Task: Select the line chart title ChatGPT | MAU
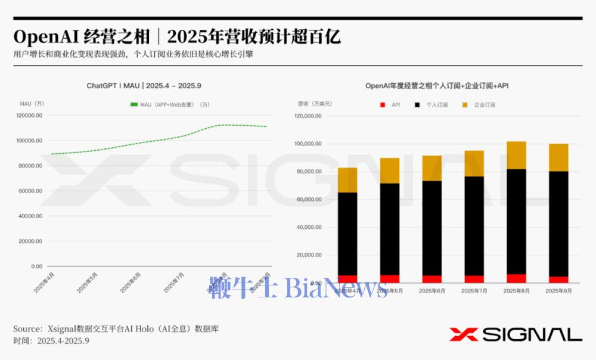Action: tap(148, 86)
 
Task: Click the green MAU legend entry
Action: tap(170, 105)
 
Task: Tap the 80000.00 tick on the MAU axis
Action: tap(30, 166)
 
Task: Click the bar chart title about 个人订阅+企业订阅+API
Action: tap(436, 86)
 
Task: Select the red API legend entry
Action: tap(391, 105)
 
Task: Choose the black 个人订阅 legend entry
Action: tap(432, 105)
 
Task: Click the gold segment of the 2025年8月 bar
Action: tap(516, 155)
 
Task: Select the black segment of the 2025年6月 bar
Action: tap(432, 228)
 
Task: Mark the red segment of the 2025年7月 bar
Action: tap(474, 279)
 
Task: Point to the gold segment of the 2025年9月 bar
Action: tap(558, 157)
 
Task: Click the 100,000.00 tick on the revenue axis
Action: tap(308, 144)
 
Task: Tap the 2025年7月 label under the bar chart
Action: tap(474, 291)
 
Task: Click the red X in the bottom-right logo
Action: tap(462, 334)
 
